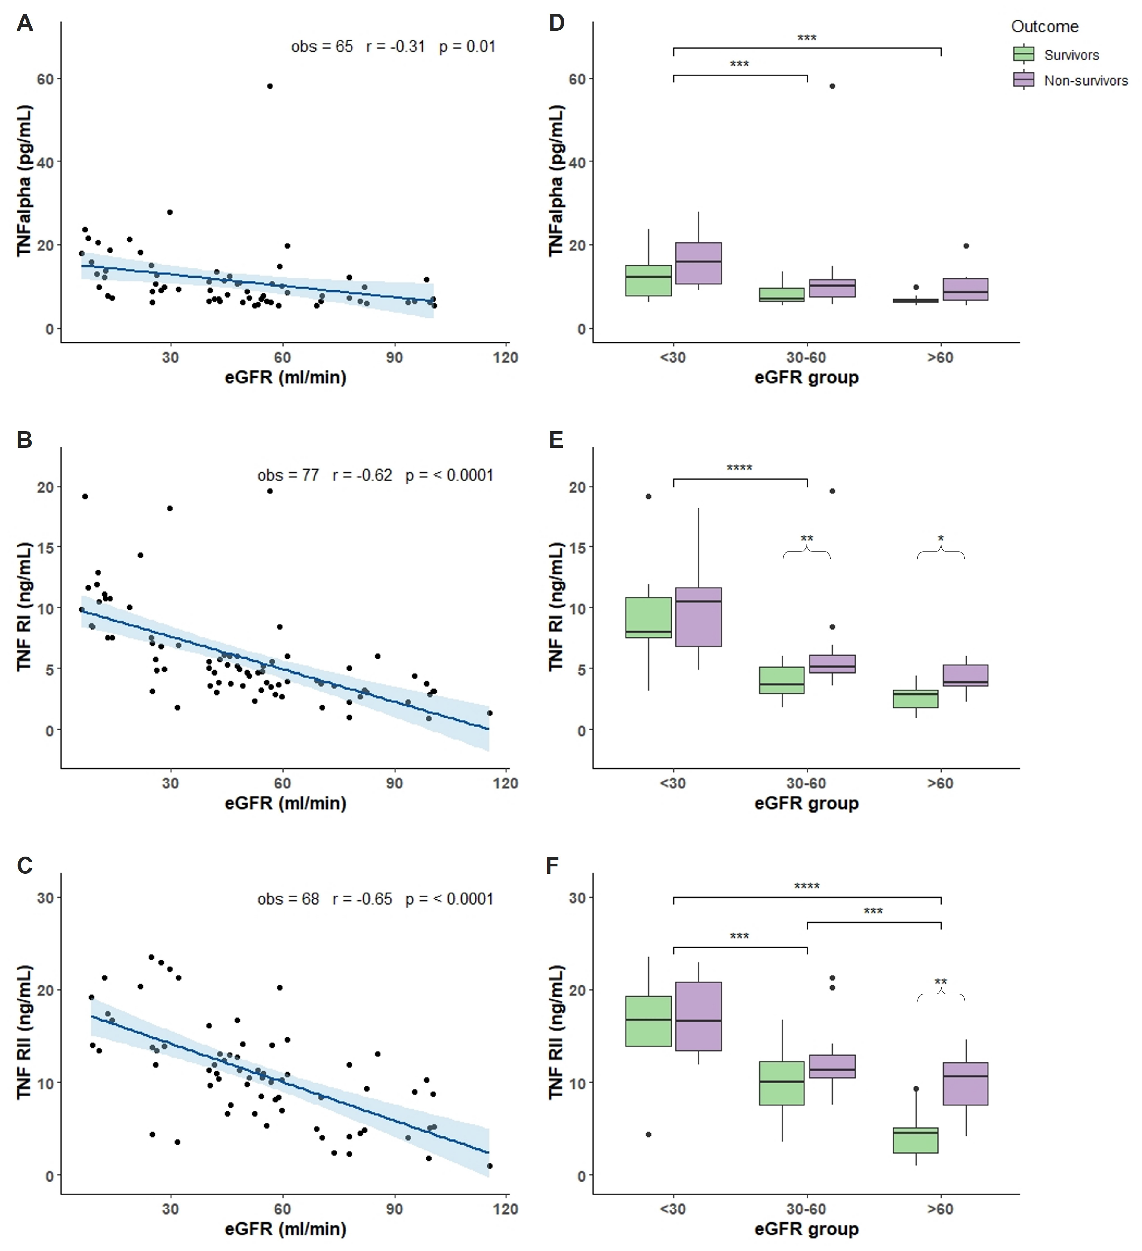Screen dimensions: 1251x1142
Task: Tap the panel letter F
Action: pos(552,865)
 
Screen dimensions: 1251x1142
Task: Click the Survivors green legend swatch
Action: pos(1024,55)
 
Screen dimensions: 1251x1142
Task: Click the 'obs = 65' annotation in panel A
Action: pos(322,47)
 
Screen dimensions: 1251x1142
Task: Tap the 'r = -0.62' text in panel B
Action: pos(362,475)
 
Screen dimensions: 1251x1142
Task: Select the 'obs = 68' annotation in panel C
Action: pos(288,899)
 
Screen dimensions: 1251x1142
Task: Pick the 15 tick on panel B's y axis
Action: pos(45,547)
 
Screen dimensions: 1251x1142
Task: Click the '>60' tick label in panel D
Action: pos(940,357)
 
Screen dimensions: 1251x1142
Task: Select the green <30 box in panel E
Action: pos(648,617)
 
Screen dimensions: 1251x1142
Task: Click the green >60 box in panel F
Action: pos(915,1141)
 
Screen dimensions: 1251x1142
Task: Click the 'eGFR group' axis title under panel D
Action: pos(806,377)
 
